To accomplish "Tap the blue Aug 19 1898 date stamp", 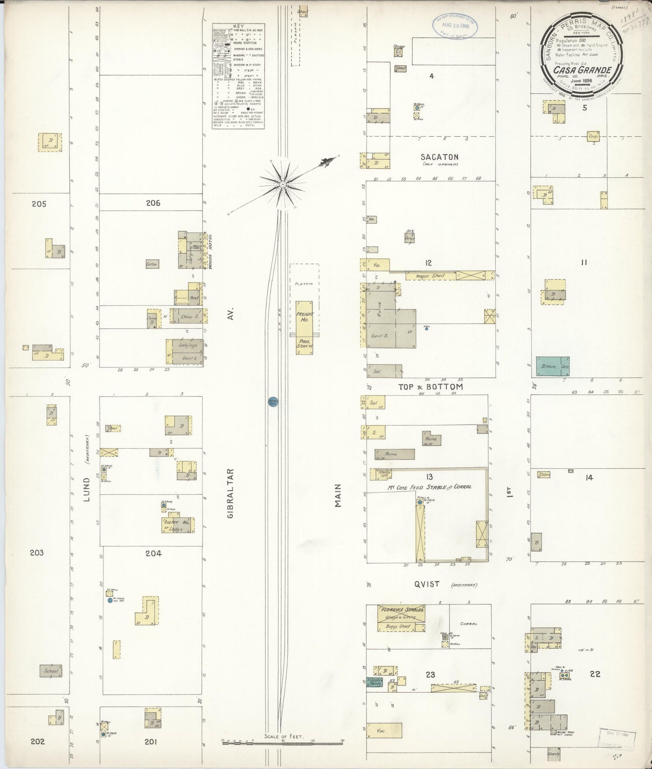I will [456, 26].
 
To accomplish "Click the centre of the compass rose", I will [282, 184].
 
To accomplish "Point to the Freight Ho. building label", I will [304, 317].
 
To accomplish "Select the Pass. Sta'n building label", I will [304, 344].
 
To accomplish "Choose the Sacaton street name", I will [439, 157].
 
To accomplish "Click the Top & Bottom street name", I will [430, 387].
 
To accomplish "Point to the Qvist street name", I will [426, 584].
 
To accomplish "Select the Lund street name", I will [86, 490].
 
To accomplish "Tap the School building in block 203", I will [51, 671].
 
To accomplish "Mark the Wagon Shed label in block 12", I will [431, 276].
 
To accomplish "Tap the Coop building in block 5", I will [593, 136].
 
